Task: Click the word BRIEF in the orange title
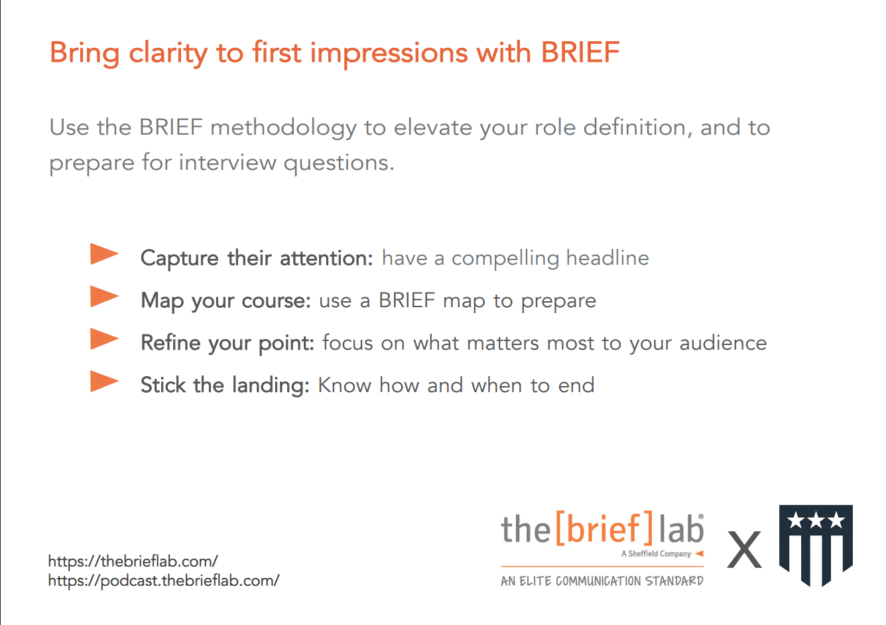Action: [x=580, y=52]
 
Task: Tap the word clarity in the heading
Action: [x=168, y=54]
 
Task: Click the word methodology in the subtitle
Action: [x=284, y=128]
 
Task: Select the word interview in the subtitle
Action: [x=228, y=163]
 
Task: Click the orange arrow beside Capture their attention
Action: [x=104, y=253]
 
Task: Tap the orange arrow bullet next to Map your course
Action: [x=104, y=297]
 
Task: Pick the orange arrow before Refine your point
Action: [x=104, y=339]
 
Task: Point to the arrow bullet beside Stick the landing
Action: [x=104, y=382]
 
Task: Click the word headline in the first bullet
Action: [x=607, y=258]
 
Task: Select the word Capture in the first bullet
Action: [x=179, y=259]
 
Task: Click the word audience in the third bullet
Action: [x=723, y=343]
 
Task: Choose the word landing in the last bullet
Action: [x=271, y=385]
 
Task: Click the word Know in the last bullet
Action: [x=344, y=385]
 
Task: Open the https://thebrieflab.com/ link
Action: [x=133, y=562]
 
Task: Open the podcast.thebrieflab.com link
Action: [x=164, y=581]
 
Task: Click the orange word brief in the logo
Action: [x=603, y=528]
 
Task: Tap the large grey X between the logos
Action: [x=744, y=549]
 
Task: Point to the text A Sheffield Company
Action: [x=656, y=554]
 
